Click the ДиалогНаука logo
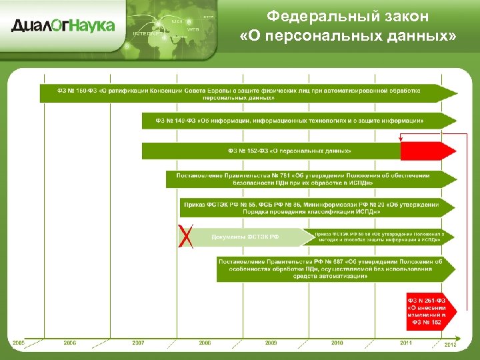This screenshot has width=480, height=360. (x=63, y=25)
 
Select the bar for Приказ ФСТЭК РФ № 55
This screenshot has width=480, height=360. (x=316, y=207)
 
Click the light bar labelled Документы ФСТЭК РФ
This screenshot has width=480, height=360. (x=247, y=237)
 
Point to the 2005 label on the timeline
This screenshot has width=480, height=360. (x=18, y=343)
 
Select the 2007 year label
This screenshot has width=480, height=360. (x=138, y=343)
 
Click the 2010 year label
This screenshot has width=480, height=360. (x=337, y=343)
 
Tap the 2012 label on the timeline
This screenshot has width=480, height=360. (x=451, y=344)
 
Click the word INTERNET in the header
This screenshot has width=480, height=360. (x=151, y=33)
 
